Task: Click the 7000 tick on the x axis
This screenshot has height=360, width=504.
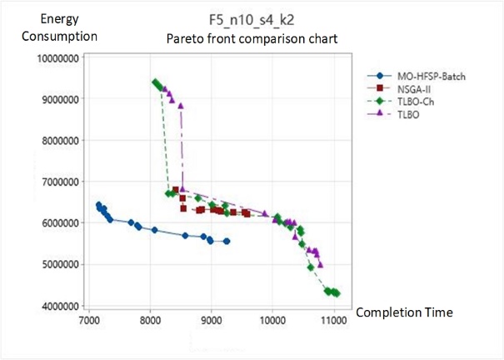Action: tap(89, 318)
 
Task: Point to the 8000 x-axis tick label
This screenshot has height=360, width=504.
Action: tap(151, 318)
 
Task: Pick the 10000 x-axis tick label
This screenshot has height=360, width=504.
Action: tap(273, 318)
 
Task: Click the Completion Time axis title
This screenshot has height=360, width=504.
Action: tap(404, 312)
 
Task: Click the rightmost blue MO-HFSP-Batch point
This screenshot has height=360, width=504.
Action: tap(227, 241)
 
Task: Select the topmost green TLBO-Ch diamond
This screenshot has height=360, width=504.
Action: tap(156, 82)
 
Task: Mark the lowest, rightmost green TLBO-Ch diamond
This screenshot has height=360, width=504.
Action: tap(336, 293)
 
